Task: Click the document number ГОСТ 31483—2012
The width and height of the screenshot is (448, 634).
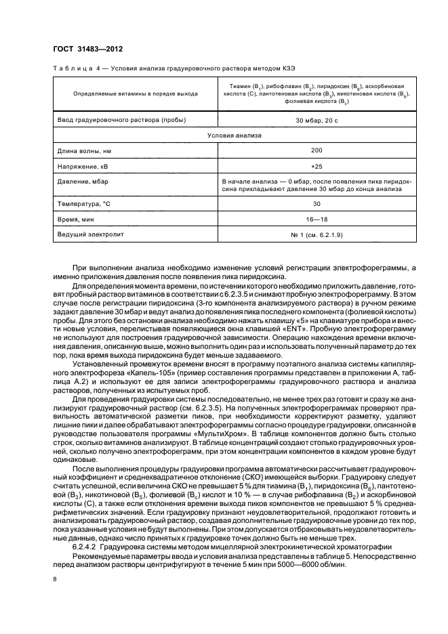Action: tap(85, 50)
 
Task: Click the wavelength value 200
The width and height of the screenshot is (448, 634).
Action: tap(317, 150)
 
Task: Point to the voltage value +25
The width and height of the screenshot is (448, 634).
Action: tap(317, 166)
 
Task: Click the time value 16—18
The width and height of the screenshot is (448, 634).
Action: tap(317, 219)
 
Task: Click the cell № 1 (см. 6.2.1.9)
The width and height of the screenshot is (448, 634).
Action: tap(317, 234)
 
